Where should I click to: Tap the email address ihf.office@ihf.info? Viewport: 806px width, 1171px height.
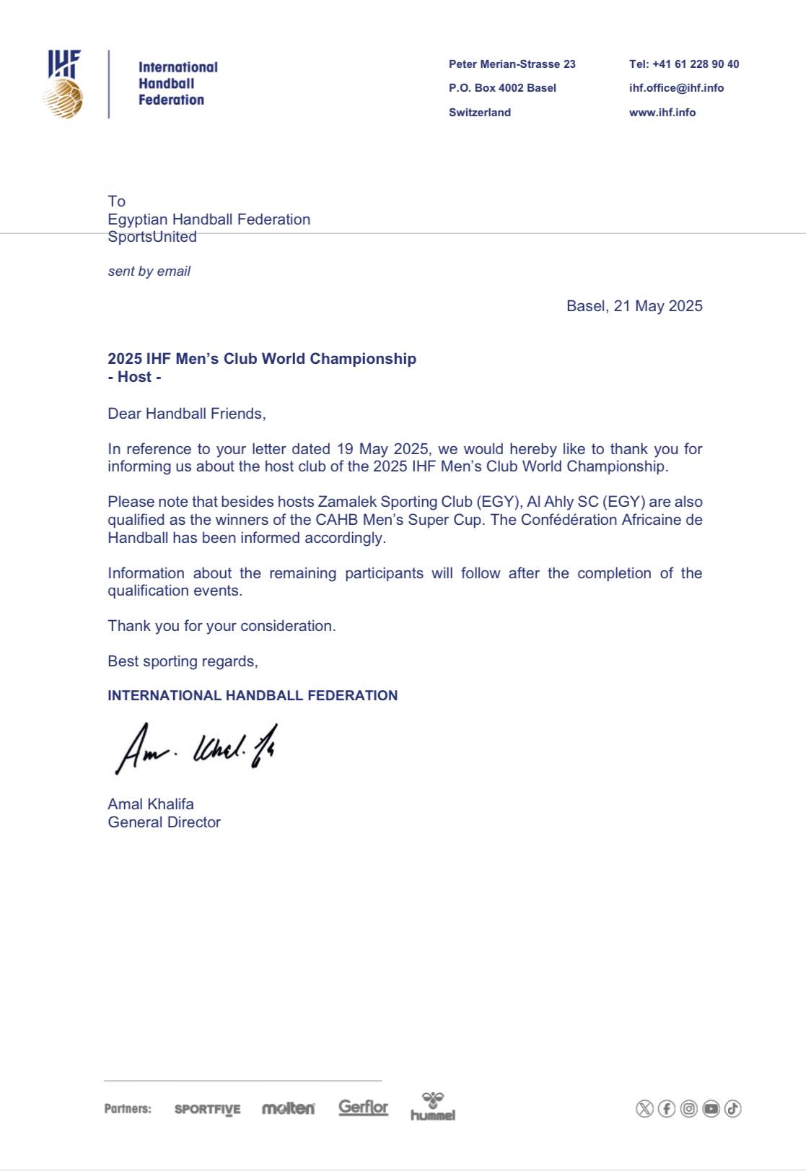coord(676,88)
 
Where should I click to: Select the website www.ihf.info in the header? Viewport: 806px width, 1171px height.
coord(662,113)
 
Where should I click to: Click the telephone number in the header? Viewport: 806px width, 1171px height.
coord(684,64)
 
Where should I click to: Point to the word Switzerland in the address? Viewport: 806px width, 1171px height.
coord(480,113)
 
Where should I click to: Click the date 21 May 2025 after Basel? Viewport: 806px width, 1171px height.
coord(658,306)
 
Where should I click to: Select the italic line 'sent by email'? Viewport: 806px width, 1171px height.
coord(149,271)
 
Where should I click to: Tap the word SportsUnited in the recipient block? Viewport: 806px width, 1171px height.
coord(152,237)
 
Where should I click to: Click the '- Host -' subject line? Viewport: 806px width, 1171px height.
coord(134,377)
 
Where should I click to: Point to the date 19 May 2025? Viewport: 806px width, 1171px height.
coord(382,449)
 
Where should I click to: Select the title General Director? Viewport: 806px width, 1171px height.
coord(165,822)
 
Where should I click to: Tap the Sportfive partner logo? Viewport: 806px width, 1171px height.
coord(208,1109)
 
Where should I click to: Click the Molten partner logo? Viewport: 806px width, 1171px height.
coord(288,1108)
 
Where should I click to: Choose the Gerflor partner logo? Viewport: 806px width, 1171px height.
coord(363,1107)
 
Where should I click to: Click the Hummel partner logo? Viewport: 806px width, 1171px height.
coord(433,1106)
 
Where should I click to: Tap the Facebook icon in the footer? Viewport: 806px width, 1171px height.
coord(667,1108)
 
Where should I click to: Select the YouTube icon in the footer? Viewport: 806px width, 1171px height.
coord(711,1108)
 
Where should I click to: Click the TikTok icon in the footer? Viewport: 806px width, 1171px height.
coord(732,1108)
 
